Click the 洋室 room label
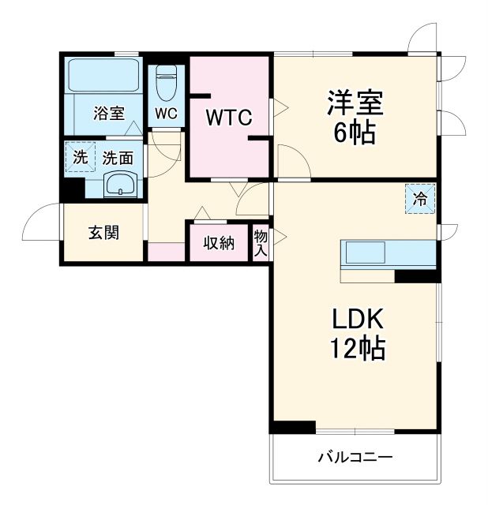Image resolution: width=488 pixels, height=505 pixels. coord(355,103)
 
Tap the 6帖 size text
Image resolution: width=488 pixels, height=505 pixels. coord(355,133)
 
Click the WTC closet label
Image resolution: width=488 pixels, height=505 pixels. coord(228,118)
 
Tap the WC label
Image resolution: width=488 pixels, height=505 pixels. coord(166,114)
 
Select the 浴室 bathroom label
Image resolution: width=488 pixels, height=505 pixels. coord(109,113)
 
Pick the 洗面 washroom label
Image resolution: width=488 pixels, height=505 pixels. coord(118,157)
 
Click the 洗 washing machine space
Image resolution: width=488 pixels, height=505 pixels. coord(80,156)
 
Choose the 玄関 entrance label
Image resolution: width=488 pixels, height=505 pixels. coord(103,233)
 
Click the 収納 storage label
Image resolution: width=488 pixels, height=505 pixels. coord(219,243)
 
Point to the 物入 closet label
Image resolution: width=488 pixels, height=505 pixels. coord(261,242)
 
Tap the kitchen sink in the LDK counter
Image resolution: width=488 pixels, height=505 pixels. coord(363,254)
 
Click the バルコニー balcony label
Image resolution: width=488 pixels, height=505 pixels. coord(355,457)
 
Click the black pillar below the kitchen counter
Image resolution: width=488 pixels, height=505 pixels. coord(417,276)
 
